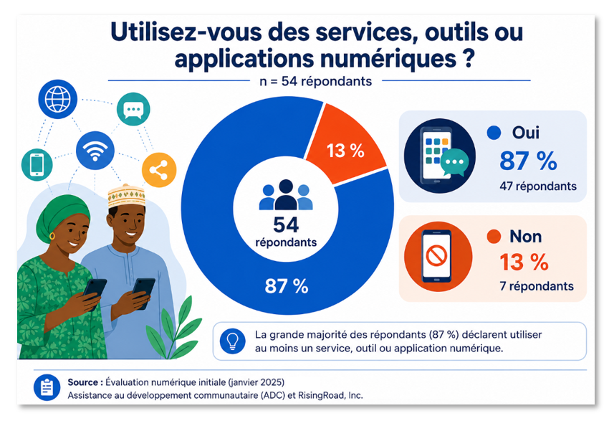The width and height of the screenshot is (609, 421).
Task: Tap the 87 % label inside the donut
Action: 287,286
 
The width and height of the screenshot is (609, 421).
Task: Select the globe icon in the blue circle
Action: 57,99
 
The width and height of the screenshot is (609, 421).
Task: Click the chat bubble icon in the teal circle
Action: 133,109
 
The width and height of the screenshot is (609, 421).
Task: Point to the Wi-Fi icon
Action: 95,151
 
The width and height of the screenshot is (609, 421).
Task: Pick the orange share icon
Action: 159,170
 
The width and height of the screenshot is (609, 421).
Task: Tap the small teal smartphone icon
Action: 37,164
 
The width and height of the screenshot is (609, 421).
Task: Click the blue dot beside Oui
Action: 494,133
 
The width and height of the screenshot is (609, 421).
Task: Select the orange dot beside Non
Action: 494,237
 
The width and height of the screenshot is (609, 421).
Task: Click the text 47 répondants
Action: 538,186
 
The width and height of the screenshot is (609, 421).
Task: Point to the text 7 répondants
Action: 537,286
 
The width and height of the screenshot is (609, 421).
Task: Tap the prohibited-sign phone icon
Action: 438,257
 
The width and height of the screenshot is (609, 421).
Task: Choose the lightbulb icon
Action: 232,341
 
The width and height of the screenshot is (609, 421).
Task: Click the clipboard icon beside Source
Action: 47,387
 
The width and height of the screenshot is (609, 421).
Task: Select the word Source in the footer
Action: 82,382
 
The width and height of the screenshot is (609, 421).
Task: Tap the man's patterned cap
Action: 127,196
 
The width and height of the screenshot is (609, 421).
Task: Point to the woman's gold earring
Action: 52,236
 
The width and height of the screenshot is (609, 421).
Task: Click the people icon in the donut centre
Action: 286,195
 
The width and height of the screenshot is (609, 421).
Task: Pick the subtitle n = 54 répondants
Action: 315,81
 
